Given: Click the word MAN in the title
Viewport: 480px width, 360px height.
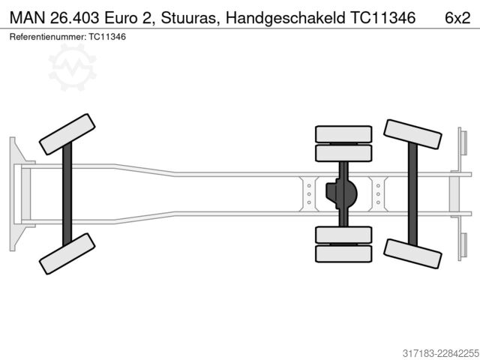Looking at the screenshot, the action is (27, 18).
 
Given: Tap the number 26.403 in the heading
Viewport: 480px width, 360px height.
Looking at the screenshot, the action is (75, 18).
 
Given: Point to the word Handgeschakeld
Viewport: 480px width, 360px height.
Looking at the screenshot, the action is (285, 18).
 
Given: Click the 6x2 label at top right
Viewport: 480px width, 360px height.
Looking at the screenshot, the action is (457, 18).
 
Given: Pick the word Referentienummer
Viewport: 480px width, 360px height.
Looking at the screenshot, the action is (48, 37).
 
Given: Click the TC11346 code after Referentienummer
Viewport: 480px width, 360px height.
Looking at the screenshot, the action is (107, 37).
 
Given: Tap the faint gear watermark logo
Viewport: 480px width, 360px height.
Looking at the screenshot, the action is (72, 67).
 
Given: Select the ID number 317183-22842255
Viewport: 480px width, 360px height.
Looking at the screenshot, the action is (441, 353).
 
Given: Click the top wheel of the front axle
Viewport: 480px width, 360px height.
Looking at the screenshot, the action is (67, 134).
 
